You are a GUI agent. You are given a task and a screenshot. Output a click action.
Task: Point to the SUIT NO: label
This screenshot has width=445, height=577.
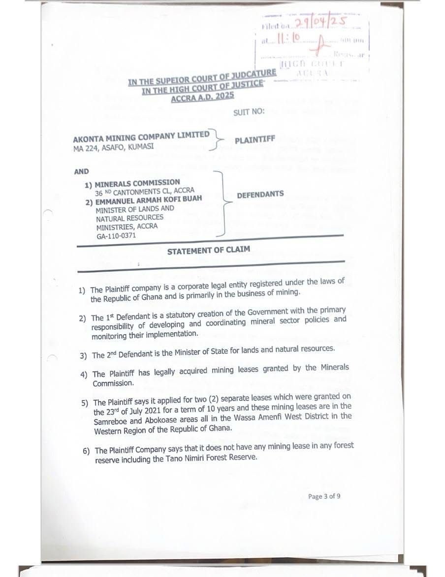[x=249, y=111]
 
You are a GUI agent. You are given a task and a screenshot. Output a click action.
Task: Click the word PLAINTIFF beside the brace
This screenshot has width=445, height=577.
[x=254, y=140]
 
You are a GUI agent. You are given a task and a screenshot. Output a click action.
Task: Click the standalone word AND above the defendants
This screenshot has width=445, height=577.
[x=82, y=172]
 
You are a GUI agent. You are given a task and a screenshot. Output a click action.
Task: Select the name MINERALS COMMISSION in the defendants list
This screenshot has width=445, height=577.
[x=137, y=182]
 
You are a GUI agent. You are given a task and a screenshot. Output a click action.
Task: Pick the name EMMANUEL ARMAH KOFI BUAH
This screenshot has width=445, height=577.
[x=149, y=199]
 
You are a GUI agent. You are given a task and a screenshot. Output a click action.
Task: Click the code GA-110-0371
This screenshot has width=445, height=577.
[x=116, y=236]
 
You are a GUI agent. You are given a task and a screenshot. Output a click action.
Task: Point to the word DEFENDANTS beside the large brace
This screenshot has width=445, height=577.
[x=260, y=195]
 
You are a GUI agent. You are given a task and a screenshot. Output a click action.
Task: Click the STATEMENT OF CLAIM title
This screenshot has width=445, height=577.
[x=208, y=251]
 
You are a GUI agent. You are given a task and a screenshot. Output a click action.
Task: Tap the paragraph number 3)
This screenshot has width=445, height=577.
[x=83, y=355]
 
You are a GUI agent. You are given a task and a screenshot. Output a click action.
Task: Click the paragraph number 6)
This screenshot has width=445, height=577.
[x=87, y=451]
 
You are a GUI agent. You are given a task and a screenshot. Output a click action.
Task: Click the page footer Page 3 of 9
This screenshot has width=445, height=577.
[x=324, y=496]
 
